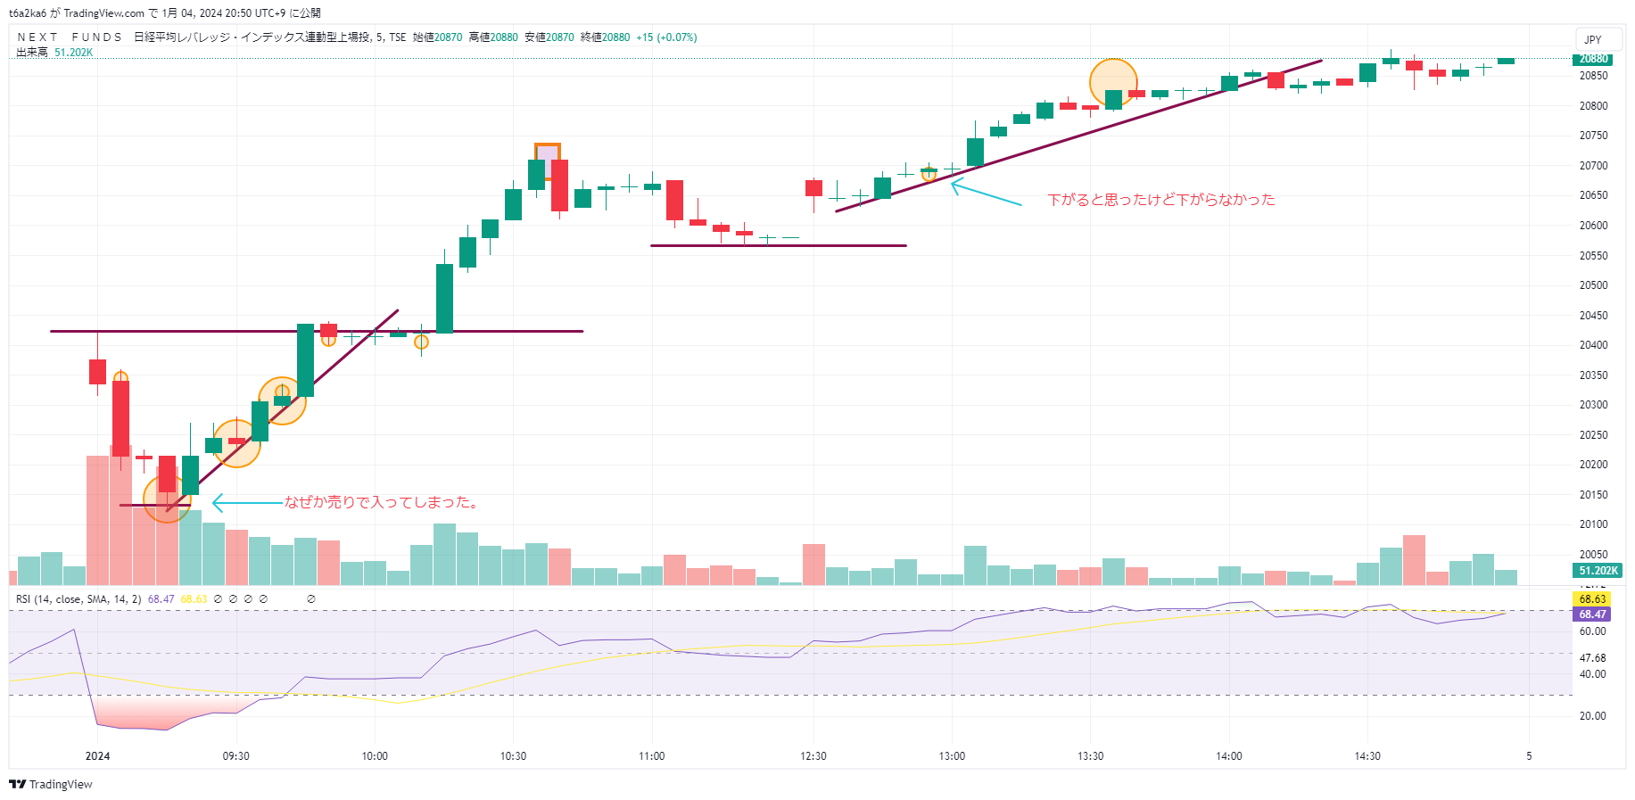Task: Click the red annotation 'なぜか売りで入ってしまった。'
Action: coord(383,503)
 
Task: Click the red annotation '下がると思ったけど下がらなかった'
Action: coord(1160,200)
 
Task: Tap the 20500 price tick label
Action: coord(1593,285)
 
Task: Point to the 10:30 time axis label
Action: coord(513,756)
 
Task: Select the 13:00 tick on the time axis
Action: coord(952,756)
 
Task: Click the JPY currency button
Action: coord(1593,40)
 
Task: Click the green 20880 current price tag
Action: coord(1594,60)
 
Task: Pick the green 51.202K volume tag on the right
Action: coord(1598,571)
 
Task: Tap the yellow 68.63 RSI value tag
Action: coord(1592,599)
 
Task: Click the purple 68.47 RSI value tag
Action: coord(1592,614)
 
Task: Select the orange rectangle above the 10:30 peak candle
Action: coord(548,153)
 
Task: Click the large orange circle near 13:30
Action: coord(1113,82)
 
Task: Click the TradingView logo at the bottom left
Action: coord(51,785)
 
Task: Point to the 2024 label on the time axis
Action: coord(97,756)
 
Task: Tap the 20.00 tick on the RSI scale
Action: coord(1593,716)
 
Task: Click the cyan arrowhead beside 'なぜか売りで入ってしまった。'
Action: coord(217,504)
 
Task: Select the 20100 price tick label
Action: coord(1593,524)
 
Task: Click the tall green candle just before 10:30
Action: coord(444,298)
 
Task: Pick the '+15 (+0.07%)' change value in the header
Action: coord(666,37)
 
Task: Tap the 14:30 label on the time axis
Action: coord(1367,756)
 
